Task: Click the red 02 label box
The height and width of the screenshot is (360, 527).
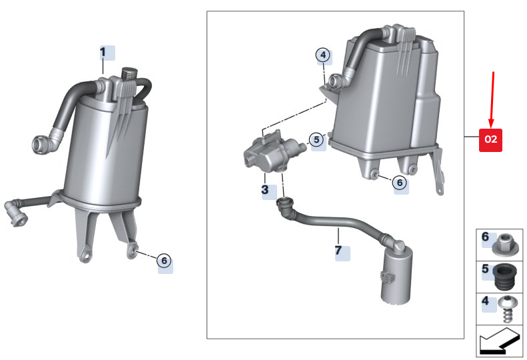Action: coord(490,140)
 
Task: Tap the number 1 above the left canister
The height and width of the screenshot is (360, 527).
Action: coord(103,52)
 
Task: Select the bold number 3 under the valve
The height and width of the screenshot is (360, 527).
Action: coord(265,190)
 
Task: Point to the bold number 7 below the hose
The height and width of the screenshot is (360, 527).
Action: coord(338,250)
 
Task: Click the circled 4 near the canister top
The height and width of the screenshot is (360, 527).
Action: coord(323,55)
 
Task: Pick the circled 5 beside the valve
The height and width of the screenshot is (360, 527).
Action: coord(316,139)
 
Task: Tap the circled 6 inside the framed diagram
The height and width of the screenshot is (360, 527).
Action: coord(400,183)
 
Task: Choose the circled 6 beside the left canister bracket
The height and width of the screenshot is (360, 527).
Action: coord(164,261)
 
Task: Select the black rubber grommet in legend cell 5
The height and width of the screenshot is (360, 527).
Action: coord(505,277)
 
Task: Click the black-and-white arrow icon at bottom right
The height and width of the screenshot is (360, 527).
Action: coord(499,341)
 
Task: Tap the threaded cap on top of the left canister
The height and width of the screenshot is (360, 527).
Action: coord(129,73)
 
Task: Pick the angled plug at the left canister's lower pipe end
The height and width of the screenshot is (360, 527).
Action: coord(15,213)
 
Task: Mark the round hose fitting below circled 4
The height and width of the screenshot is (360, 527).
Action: coord(335,81)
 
